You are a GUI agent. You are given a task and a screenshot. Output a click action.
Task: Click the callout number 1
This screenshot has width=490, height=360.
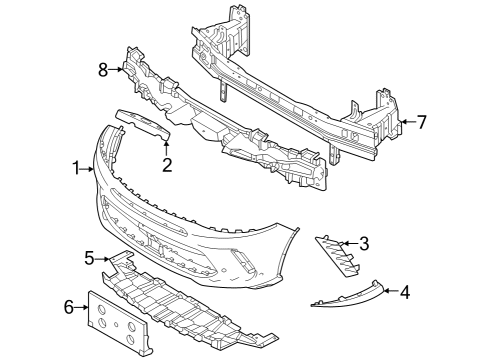[x=76, y=171]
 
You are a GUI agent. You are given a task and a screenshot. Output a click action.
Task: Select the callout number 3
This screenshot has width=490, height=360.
[x=364, y=243]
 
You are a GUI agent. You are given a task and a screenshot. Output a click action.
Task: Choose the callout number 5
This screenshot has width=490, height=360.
[x=89, y=259]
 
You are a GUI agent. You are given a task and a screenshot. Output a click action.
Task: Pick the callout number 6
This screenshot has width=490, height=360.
[x=69, y=306]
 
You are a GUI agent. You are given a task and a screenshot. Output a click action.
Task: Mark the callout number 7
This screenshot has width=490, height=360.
[x=421, y=123]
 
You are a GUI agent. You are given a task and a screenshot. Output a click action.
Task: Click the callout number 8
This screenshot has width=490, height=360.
[x=102, y=70]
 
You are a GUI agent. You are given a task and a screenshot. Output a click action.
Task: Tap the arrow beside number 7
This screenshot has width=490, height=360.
[x=405, y=123]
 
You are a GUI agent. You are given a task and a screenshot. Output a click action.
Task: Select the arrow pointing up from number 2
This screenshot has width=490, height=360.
[x=167, y=147]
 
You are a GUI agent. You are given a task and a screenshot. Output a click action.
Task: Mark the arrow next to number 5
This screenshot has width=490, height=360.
[x=103, y=259]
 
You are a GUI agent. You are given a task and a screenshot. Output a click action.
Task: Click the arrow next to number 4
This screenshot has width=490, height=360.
[x=389, y=292]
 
